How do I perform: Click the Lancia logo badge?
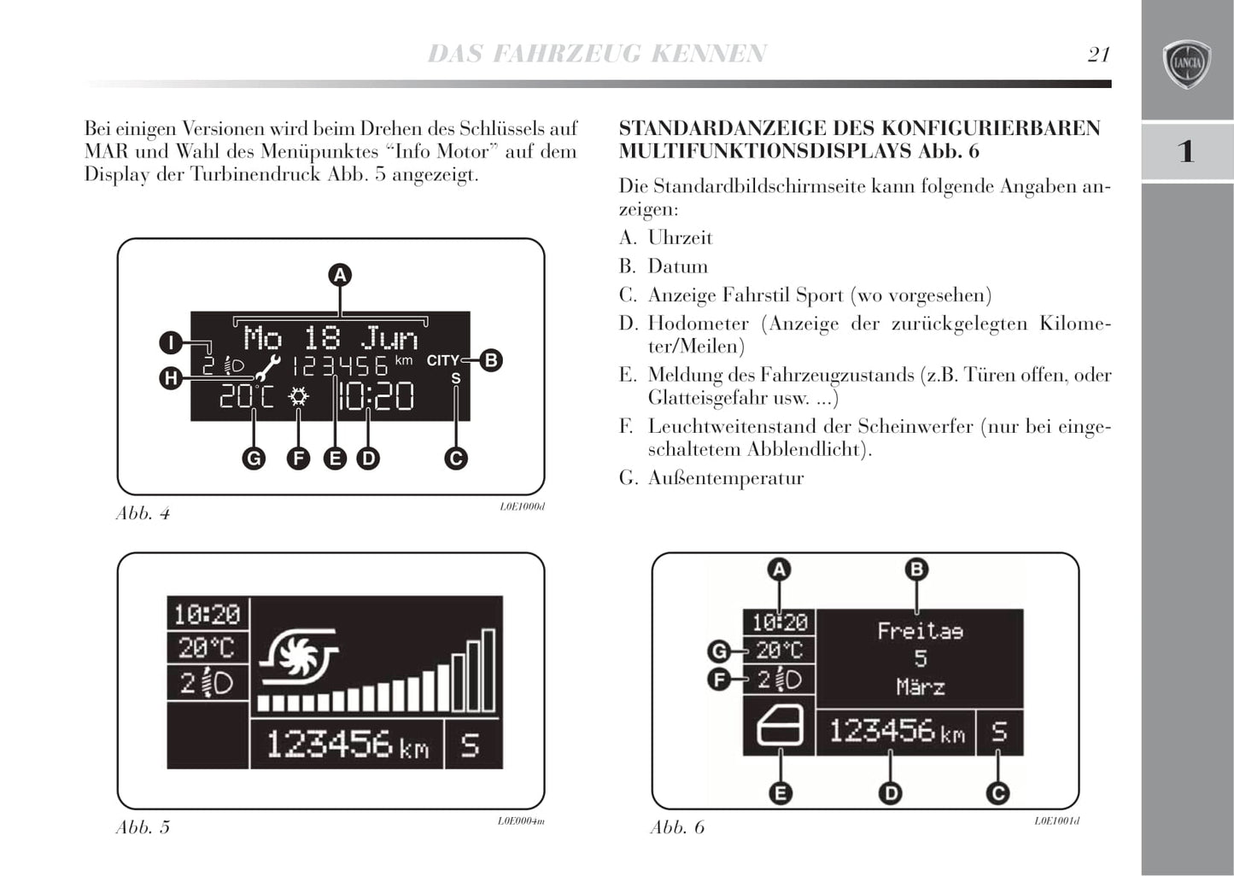1187,64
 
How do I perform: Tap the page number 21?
1098,55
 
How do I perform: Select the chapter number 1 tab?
1186,151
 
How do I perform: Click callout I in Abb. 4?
171,343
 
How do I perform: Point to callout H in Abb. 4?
171,377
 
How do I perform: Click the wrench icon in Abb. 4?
267,367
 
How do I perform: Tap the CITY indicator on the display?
442,360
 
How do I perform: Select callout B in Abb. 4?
490,360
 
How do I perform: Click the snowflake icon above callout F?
298,397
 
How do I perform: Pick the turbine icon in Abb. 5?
299,657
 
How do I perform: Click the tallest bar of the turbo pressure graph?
488,670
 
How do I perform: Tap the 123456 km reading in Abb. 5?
347,745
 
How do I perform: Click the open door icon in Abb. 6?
780,727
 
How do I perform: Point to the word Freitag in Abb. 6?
920,632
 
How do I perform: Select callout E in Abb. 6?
780,793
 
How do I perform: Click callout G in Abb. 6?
719,651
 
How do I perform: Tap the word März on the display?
920,686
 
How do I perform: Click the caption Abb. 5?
143,827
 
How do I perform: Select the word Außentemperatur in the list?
726,478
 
